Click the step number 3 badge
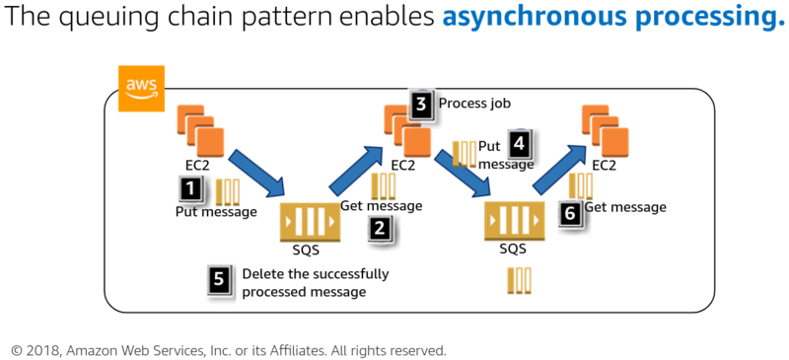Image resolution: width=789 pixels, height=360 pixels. pos(421,105)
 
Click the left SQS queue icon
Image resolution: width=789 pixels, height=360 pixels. pos(311,220)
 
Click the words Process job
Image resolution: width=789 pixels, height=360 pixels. pos(474,104)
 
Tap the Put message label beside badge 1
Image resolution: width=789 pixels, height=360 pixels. pos(216,212)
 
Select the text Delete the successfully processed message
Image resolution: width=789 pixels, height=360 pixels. pos(315,282)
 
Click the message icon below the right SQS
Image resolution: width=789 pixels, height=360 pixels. pos(521,280)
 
